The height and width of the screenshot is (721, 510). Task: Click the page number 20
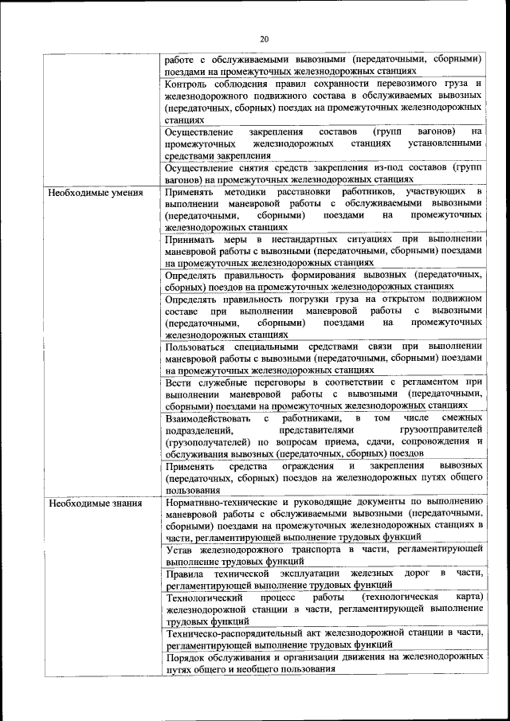(265, 37)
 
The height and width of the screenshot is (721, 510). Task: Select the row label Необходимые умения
(96, 193)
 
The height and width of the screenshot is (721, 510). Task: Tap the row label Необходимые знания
(95, 503)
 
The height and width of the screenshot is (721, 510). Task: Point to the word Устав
(180, 550)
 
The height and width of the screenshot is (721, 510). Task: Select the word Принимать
(190, 239)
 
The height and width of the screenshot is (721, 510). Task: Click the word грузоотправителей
(426, 430)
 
